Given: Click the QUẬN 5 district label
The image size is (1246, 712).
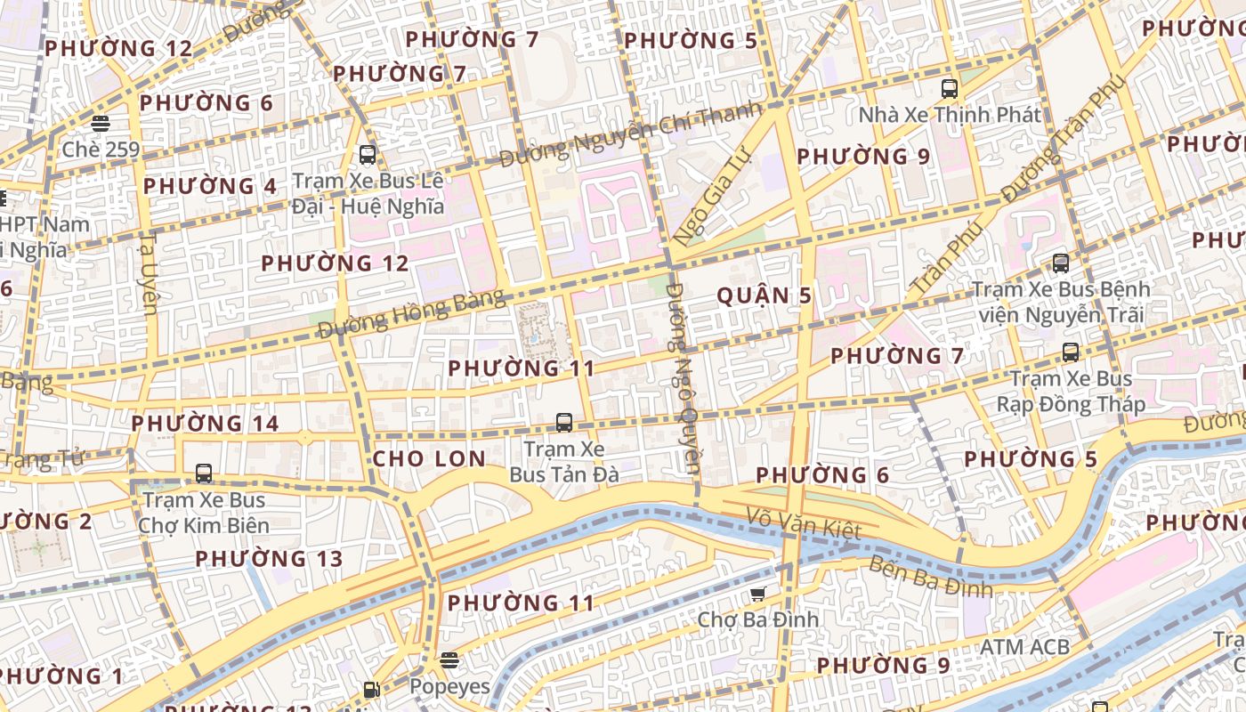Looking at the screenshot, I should pyautogui.click(x=764, y=296).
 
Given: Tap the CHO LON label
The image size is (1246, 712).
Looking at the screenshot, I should pyautogui.click(x=429, y=459).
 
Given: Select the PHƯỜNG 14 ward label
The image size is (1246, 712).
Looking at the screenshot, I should pyautogui.click(x=205, y=424).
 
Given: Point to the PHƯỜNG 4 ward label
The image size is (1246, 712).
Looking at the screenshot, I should pyautogui.click(x=210, y=187).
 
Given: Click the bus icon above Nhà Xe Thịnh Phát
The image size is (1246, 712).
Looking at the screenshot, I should pyautogui.click(x=949, y=89).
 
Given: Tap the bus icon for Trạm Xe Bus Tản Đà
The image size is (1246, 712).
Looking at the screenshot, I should pyautogui.click(x=563, y=423).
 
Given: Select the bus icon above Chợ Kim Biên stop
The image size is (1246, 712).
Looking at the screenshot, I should pyautogui.click(x=204, y=473).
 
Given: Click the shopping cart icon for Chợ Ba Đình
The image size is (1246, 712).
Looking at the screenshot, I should pyautogui.click(x=757, y=594).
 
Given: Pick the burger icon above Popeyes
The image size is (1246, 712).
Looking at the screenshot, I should pyautogui.click(x=449, y=660).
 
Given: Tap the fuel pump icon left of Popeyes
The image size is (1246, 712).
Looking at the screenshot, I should pyautogui.click(x=371, y=688).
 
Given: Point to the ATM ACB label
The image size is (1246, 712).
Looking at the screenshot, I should pyautogui.click(x=1023, y=647).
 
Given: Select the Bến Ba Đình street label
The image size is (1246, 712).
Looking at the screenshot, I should pyautogui.click(x=929, y=577).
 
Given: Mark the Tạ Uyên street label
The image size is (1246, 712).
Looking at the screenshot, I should pyautogui.click(x=149, y=273).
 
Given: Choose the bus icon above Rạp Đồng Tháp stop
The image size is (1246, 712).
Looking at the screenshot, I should pyautogui.click(x=1070, y=352).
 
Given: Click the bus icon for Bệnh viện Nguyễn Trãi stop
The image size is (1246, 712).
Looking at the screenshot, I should pyautogui.click(x=1060, y=263).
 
